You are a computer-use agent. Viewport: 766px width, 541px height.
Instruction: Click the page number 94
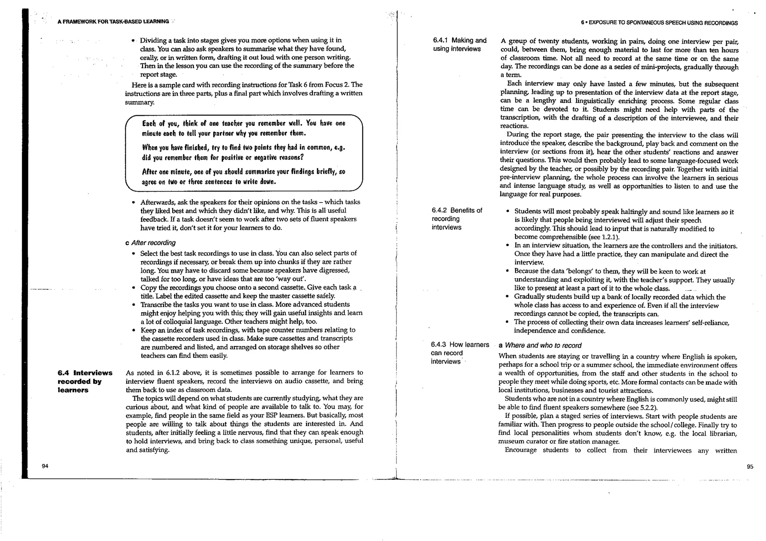pyautogui.click(x=45, y=466)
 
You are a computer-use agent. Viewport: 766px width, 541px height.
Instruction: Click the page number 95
pyautogui.click(x=750, y=467)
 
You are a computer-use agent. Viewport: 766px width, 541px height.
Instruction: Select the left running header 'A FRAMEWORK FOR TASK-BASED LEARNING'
pyautogui.click(x=113, y=22)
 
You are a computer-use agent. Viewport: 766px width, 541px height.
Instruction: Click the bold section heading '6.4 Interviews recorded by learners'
pyautogui.click(x=85, y=381)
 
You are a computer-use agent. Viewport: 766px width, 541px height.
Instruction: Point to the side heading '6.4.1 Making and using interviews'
pyautogui.click(x=460, y=44)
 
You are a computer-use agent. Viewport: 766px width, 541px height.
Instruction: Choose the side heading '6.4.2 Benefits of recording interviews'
pyautogui.click(x=457, y=219)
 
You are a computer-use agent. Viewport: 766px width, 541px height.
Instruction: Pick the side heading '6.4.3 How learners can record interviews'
pyautogui.click(x=460, y=353)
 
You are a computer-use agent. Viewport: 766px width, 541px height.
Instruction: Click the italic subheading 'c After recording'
pyautogui.click(x=150, y=243)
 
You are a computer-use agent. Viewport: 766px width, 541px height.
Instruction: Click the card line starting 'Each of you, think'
pyautogui.click(x=243, y=124)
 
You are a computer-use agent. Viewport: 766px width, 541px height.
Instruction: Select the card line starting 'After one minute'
pyautogui.click(x=243, y=172)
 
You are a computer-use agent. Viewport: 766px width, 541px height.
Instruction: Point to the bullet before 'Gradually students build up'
pyautogui.click(x=507, y=297)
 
